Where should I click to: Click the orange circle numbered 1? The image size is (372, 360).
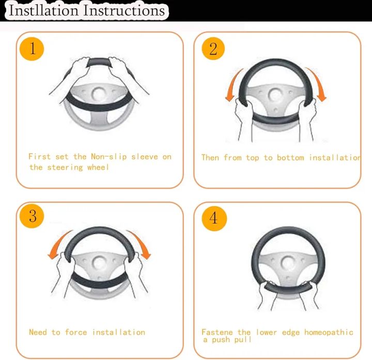[32, 49]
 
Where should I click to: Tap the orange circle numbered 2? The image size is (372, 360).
[213, 49]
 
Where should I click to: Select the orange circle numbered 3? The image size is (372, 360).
[32, 216]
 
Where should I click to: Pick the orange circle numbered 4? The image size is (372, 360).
[214, 218]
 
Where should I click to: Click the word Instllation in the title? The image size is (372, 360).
[43, 11]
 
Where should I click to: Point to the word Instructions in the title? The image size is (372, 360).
[124, 11]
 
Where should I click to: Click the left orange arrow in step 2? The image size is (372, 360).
[233, 85]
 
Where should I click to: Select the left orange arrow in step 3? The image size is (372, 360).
[58, 244]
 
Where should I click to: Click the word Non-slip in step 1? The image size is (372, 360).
[109, 157]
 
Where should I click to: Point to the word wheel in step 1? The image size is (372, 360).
[98, 167]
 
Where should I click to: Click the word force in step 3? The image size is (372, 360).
[76, 332]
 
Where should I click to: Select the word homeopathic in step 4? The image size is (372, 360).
[329, 332]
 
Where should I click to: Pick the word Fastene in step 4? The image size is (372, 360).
[217, 332]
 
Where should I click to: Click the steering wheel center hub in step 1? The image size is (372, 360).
[98, 94]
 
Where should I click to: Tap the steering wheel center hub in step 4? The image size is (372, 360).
[288, 263]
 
